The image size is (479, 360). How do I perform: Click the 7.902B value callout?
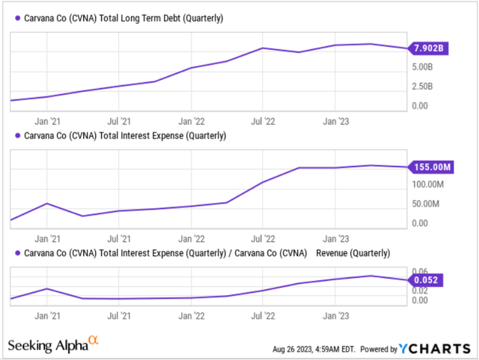pyautogui.click(x=429, y=49)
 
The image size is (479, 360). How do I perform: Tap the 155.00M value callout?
pyautogui.click(x=430, y=167)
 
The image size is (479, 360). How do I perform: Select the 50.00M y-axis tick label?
pyautogui.click(x=425, y=204)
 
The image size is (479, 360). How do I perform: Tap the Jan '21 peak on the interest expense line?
pyautogui.click(x=46, y=203)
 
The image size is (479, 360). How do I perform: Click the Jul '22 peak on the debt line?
pyautogui.click(x=262, y=48)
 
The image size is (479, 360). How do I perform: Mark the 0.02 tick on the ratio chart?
pyautogui.click(x=421, y=290)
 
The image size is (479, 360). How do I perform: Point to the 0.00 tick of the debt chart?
pyautogui.click(x=420, y=106)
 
